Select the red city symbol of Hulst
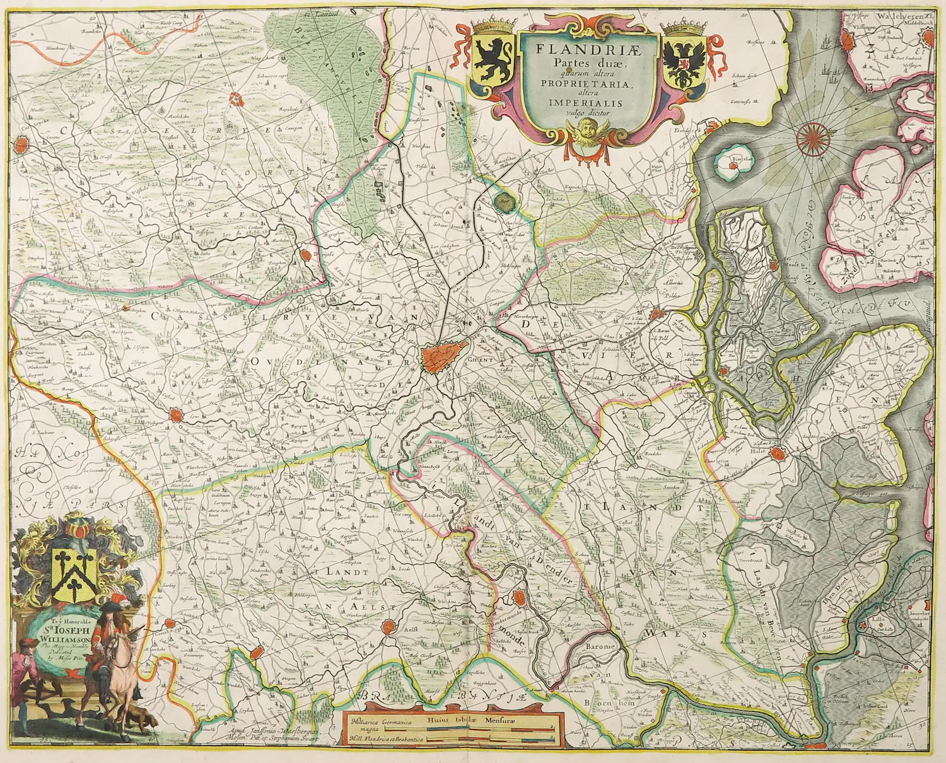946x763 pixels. click(x=780, y=452)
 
